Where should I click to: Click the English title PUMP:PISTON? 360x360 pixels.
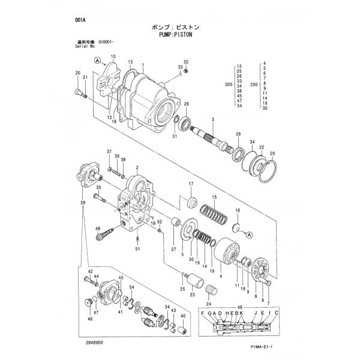(183, 35)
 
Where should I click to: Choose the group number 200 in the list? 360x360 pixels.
(254, 85)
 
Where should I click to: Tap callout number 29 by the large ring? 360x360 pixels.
(272, 154)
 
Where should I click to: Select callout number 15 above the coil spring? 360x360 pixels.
(213, 197)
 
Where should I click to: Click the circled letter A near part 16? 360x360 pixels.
(250, 235)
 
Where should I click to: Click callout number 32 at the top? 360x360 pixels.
(186, 62)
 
